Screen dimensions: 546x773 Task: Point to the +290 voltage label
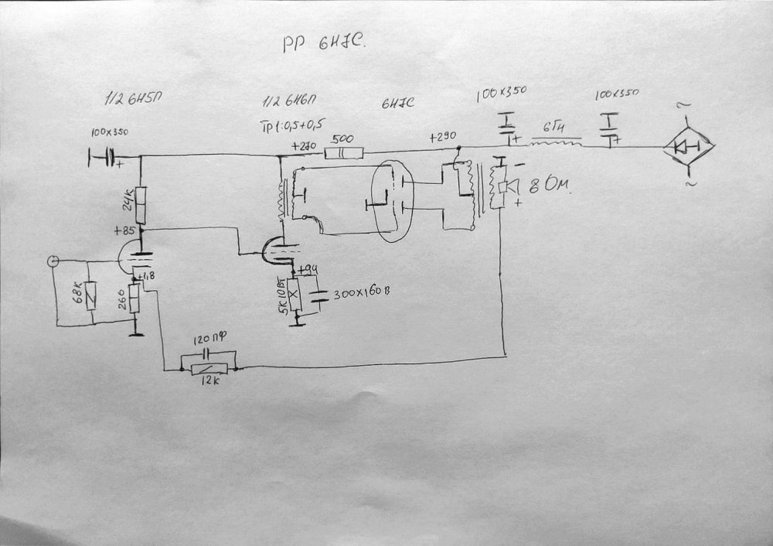tap(441, 136)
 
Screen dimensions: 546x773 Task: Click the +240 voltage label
tap(304, 145)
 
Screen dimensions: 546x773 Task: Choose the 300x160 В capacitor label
tap(361, 295)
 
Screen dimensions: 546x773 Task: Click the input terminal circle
tap(53, 261)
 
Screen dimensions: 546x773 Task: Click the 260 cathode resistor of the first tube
tap(135, 298)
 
